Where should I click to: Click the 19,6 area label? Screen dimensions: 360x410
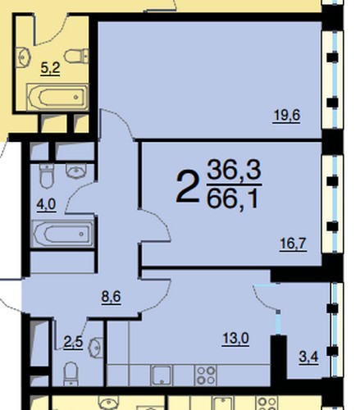pos(286,116)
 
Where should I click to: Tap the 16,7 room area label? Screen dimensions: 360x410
pos(293,244)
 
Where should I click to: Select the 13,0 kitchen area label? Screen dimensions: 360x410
pos(235,339)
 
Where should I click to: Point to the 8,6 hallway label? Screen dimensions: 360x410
pos(111,297)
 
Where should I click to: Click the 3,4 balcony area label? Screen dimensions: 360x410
pos(308,357)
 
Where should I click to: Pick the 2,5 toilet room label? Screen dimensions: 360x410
pos(73,342)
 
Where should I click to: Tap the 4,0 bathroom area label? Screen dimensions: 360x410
pos(47,204)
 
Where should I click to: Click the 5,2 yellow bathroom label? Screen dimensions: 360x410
pos(50,67)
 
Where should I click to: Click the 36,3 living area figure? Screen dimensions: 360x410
pos(234,170)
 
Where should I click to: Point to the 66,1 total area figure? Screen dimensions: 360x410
pos(233,198)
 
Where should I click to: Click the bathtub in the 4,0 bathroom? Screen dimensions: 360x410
pos(63,234)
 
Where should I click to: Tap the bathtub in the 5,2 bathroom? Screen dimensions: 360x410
pos(57,97)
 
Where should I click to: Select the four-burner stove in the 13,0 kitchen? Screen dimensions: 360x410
pos(207,376)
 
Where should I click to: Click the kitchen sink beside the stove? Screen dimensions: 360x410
pos(162,376)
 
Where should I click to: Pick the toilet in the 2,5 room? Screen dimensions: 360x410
pos(71,374)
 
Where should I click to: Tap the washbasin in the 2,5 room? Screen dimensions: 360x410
pos(96,347)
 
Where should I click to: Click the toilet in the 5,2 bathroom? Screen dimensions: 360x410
pos(76,56)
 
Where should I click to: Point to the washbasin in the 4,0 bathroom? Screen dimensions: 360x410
pos(76,171)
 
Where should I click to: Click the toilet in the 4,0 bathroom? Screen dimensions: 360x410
pos(46,176)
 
